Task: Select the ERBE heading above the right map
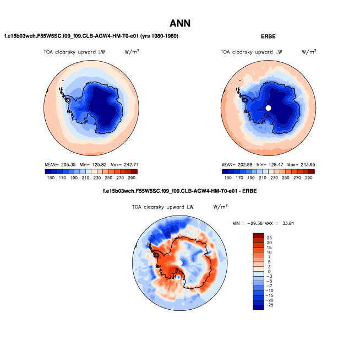coord(268,36)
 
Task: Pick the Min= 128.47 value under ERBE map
coord(268,164)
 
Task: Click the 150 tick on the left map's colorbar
coord(51,179)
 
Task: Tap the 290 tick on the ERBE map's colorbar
coord(309,179)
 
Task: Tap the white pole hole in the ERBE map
coord(269,108)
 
